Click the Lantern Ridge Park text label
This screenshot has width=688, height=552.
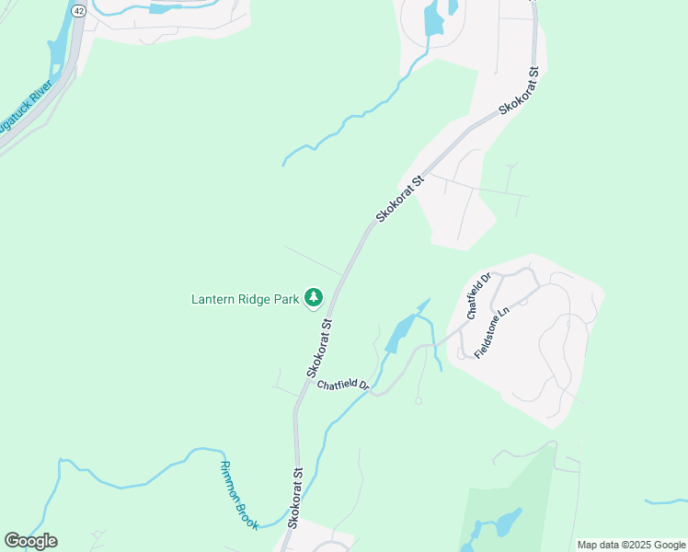pos(246,298)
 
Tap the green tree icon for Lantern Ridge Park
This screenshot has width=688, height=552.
pos(315,296)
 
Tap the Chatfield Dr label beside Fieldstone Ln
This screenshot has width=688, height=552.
pos(480,294)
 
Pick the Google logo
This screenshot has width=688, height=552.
pos(30,541)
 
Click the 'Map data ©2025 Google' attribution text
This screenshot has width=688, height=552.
pos(631,545)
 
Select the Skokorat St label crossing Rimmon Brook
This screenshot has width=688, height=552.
pos(295,497)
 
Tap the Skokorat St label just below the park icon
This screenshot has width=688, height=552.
pos(319,348)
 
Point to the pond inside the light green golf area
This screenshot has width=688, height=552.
pos(505,522)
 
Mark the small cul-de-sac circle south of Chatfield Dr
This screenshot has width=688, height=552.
pos(419,401)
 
